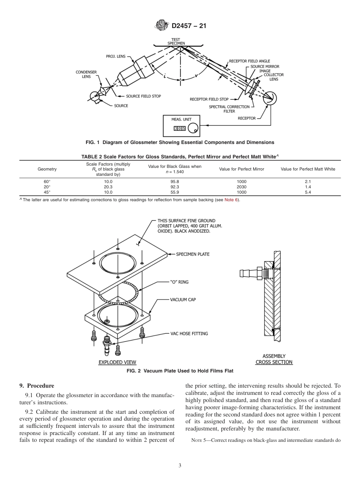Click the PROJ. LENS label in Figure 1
[116, 56]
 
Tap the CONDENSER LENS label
[86, 74]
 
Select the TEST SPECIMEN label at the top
[176, 41]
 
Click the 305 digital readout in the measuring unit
[180, 128]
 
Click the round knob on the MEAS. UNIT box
[193, 129]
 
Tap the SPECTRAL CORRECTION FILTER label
[229, 109]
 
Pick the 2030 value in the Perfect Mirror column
[241, 187]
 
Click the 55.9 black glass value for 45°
[175, 192]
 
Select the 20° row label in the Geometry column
[47, 187]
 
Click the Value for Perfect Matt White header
[308, 169]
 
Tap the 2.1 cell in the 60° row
[308, 182]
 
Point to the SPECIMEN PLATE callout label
[193, 254]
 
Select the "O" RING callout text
[179, 282]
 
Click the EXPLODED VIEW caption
[117, 362]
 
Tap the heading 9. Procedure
[37, 386]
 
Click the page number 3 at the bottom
[180, 466]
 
